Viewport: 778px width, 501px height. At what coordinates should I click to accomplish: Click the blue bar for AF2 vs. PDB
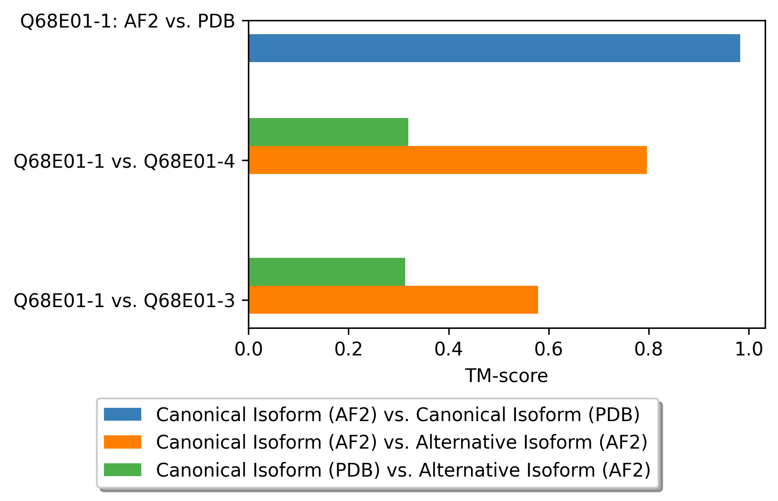[495, 48]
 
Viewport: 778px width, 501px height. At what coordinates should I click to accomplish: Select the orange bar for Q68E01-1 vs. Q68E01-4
[448, 160]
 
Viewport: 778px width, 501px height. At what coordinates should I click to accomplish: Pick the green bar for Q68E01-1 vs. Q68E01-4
[328, 132]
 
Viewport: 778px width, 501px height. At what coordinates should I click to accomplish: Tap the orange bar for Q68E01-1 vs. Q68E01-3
[393, 300]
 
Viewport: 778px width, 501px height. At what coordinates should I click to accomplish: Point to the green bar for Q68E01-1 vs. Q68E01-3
[327, 272]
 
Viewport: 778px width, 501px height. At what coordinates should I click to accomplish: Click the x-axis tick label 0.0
[248, 350]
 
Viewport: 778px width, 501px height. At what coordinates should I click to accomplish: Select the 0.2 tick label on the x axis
[348, 350]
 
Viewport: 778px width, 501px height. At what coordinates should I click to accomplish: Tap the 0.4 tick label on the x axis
[449, 350]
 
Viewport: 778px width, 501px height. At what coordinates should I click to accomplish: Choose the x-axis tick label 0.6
[549, 350]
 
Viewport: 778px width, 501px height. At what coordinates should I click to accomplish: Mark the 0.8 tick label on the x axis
[649, 350]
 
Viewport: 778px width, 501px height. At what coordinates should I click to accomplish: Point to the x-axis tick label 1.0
[749, 350]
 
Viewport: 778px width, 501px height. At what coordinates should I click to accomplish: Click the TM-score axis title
[507, 376]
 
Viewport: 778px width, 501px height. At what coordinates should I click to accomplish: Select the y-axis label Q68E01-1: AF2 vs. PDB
[128, 21]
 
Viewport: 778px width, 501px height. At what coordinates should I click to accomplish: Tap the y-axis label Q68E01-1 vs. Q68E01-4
[124, 161]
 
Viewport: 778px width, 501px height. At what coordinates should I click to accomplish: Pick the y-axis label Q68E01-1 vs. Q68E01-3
[124, 300]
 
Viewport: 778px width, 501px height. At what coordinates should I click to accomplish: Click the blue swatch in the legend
[123, 414]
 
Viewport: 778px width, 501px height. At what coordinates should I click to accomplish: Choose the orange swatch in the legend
[123, 442]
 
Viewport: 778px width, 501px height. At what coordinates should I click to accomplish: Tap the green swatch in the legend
[123, 469]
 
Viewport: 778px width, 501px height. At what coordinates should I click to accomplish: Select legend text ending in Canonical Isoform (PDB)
[398, 414]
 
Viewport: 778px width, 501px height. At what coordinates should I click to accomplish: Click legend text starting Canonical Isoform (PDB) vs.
[403, 469]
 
